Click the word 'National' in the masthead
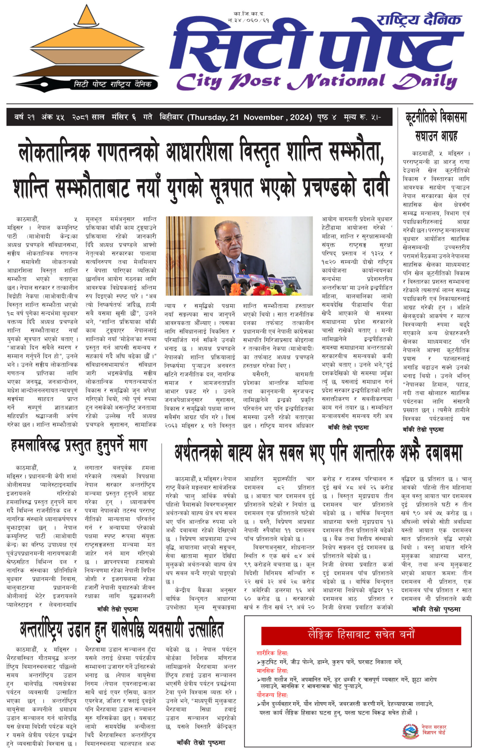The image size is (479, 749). [336, 82]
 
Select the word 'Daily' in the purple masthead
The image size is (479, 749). [425, 82]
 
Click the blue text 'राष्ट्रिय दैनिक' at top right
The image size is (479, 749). [419, 20]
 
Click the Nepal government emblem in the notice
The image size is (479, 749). [410, 731]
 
